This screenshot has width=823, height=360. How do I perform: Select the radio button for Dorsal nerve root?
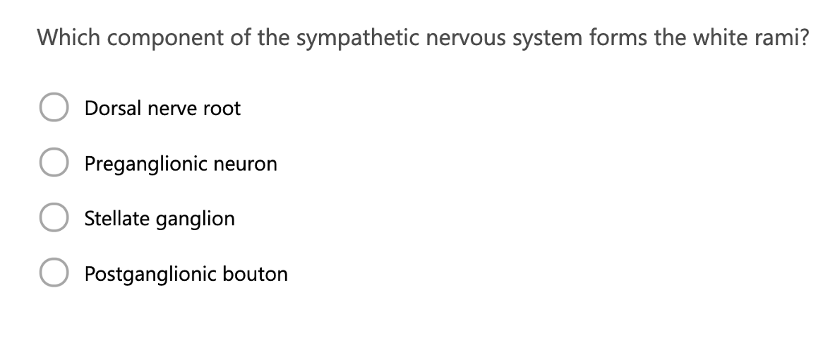pos(53,109)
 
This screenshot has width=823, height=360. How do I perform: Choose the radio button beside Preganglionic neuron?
pos(53,164)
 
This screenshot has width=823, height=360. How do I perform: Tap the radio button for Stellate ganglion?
pos(53,219)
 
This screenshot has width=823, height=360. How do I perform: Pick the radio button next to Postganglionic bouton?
pos(53,274)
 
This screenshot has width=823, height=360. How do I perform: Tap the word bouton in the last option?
pos(256,274)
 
